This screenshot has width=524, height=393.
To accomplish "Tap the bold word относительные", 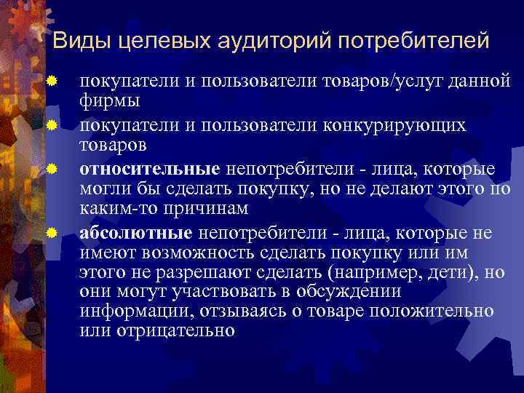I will click(x=149, y=169).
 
